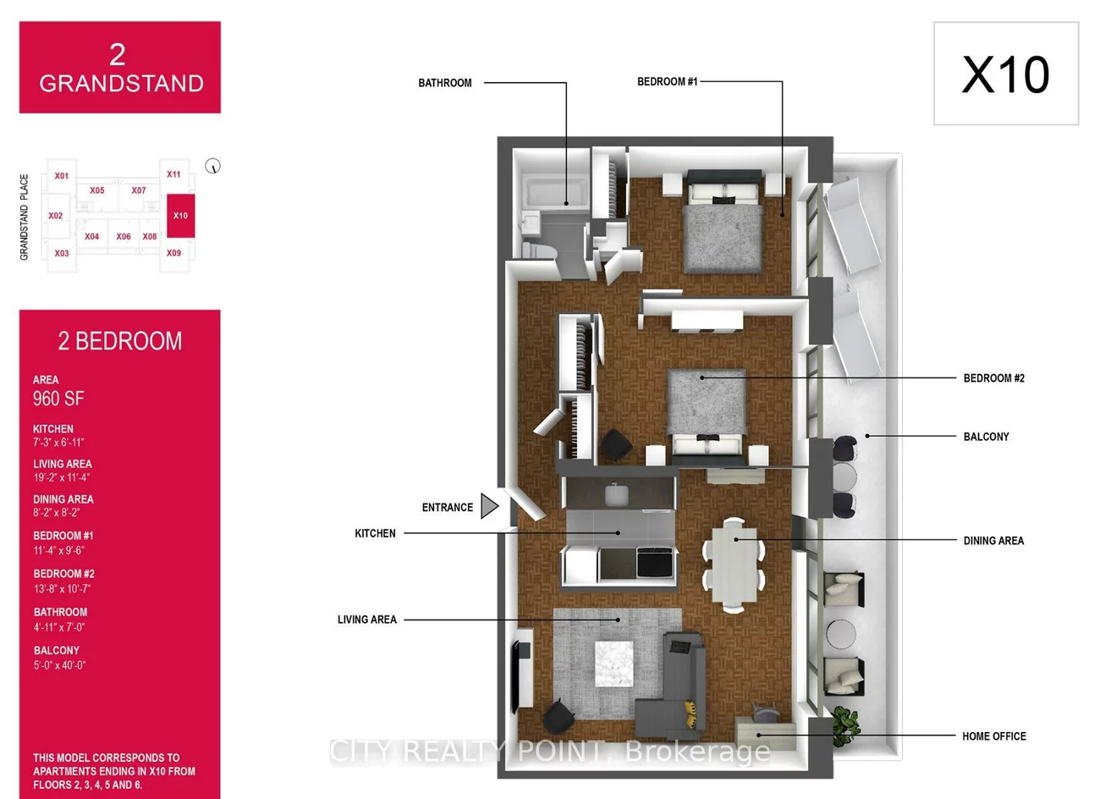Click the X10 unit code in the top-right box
pos(1005,74)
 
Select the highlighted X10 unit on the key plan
pos(180,216)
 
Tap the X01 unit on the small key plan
pos(61,176)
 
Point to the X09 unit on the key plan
pos(173,253)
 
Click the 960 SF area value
pos(58,399)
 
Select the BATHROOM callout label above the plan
pos(445,83)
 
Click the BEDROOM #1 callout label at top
pos(667,82)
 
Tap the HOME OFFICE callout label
pos(993,736)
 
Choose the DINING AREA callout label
pos(993,541)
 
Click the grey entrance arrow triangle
pos(489,506)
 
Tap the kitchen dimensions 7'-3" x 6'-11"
pos(58,443)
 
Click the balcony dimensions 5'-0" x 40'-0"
pos(59,665)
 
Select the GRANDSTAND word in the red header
pos(121,84)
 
